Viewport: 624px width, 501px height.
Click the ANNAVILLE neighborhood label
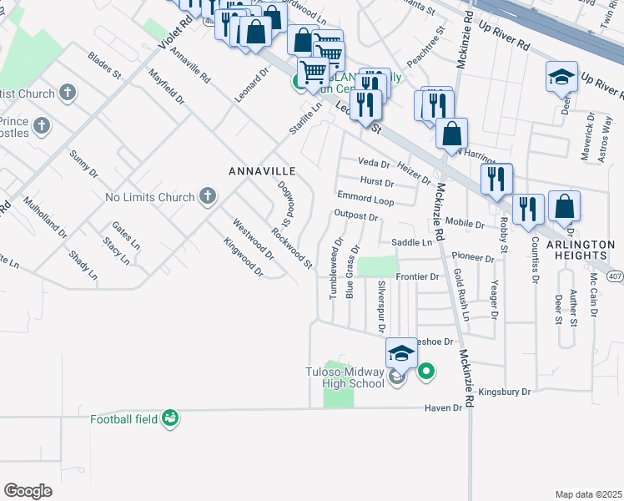263,170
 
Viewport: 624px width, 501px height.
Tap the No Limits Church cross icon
208,197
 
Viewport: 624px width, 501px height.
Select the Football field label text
125,418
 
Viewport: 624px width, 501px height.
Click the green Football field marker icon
170,417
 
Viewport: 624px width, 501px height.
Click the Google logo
28,490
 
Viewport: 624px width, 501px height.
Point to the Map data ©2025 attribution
587,494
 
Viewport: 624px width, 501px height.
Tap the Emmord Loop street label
365,200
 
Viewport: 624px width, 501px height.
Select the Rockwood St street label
291,249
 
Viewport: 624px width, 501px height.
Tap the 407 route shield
615,276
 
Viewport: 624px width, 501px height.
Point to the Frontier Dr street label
417,276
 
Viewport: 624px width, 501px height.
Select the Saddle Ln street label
412,242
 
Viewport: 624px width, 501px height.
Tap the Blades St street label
104,66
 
